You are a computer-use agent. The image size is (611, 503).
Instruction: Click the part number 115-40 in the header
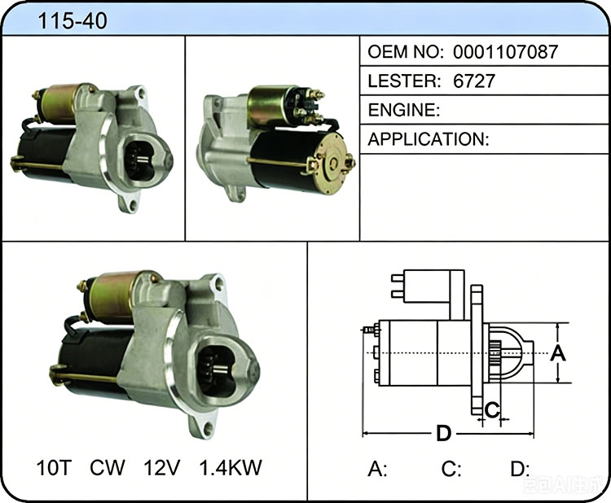[x=72, y=20]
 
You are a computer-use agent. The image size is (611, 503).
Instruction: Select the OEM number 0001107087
[x=505, y=52]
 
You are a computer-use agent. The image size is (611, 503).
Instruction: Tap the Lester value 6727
[x=474, y=81]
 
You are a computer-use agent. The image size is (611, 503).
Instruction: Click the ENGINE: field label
[x=404, y=110]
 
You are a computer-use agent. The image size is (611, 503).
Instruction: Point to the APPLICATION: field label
[x=429, y=139]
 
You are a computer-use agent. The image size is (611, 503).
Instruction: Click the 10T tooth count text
[x=54, y=467]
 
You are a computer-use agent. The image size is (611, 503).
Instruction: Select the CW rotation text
[x=108, y=467]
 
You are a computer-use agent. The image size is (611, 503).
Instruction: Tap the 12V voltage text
[x=162, y=467]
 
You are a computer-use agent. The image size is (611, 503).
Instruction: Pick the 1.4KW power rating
[x=231, y=467]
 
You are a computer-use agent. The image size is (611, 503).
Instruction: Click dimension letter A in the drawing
[x=557, y=353]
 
